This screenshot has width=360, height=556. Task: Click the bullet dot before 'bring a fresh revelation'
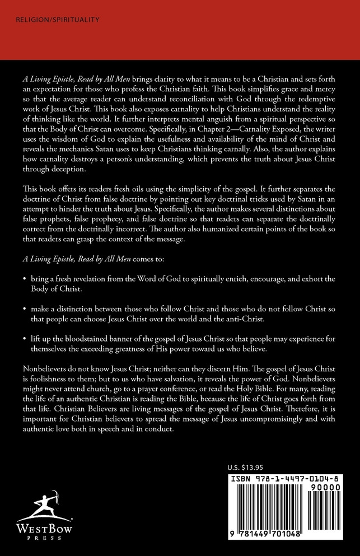(x=25, y=278)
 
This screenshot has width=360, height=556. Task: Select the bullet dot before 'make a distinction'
(x=25, y=309)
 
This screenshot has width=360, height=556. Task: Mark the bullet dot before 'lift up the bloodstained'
(x=25, y=339)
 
